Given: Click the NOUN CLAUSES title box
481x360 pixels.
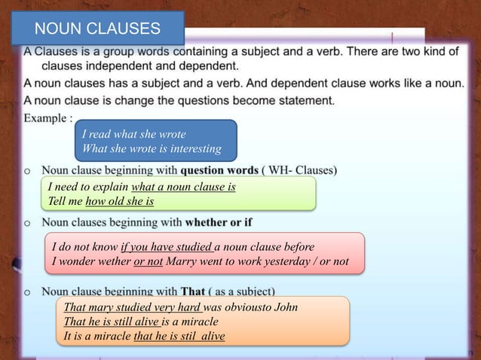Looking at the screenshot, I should tap(98, 29).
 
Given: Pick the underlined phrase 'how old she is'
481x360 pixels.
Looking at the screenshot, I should tap(120, 201).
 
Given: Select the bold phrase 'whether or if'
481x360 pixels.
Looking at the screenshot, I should tap(219, 223).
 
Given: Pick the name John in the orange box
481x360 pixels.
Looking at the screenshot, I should tap(285, 307).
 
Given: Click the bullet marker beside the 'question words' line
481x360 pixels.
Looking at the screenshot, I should tap(28, 170).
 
